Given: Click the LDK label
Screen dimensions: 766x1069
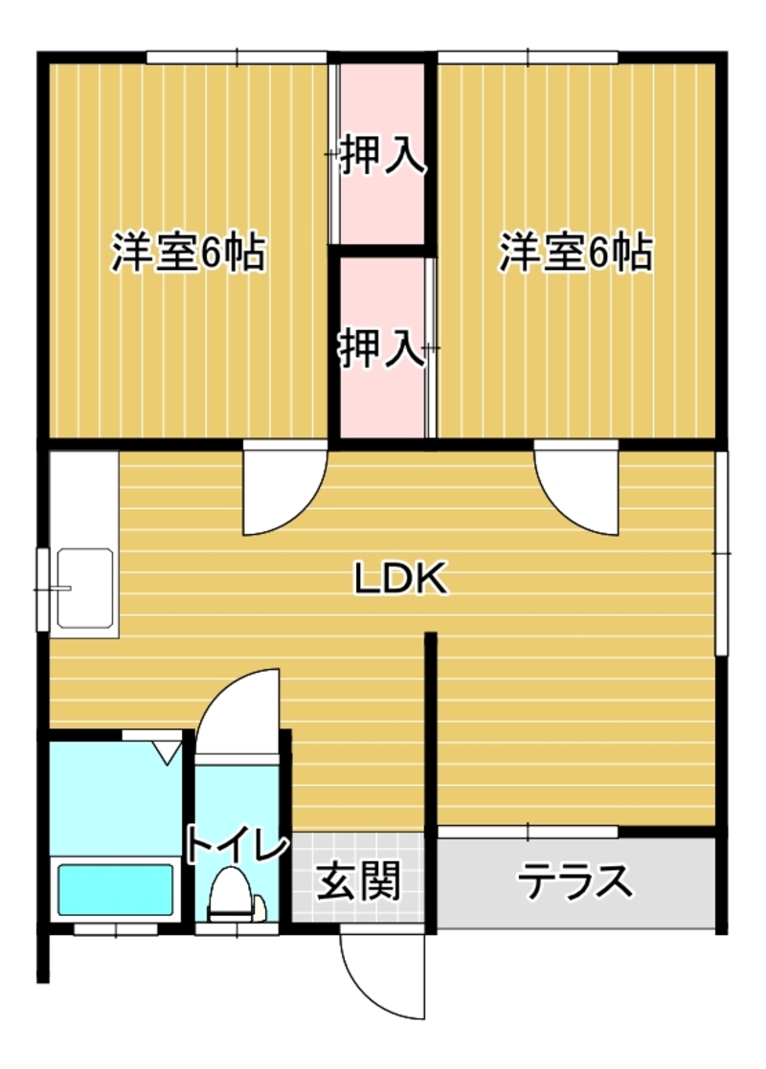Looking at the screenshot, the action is coord(400,578).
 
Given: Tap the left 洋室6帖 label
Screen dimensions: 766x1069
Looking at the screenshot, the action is coord(189,253).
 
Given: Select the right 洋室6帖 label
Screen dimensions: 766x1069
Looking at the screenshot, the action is coord(576,253).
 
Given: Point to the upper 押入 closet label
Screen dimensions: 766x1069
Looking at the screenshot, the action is coord(383,155).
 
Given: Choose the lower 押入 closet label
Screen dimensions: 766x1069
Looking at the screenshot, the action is coord(383,347).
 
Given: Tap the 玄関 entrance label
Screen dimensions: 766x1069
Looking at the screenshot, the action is coord(358,880).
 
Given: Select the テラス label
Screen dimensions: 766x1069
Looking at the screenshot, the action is coord(575,880).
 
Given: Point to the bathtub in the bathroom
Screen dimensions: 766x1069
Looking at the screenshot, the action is coord(115,890).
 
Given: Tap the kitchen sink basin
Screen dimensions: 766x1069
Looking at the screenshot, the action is coord(85,588).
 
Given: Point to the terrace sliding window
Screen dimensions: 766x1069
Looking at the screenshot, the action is coord(528,832).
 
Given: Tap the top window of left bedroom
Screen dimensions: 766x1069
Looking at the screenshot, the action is coord(237,57).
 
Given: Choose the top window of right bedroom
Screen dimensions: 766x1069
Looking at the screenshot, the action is coord(528,57).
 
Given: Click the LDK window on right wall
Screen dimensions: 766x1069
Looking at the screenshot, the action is coord(722,553).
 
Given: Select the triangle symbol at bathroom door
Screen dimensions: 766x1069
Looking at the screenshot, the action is coord(165,753).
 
